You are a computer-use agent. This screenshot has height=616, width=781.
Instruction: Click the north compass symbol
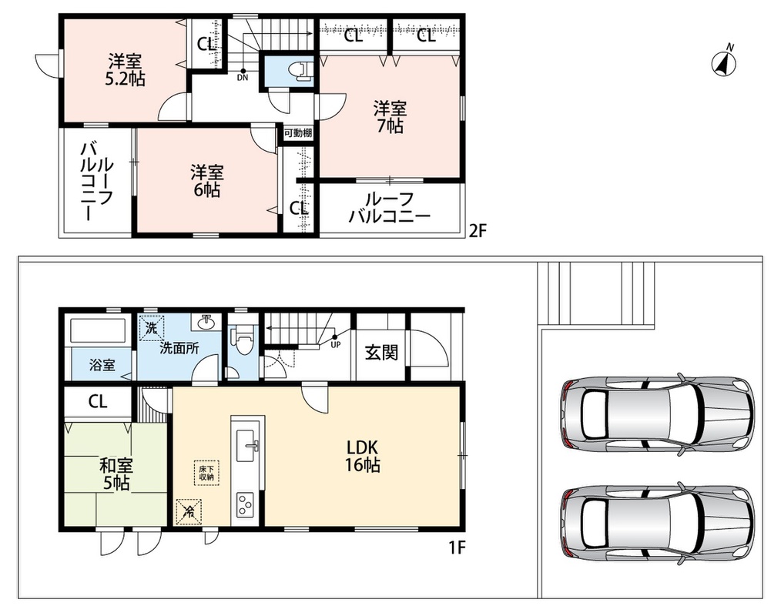pyautogui.click(x=725, y=62)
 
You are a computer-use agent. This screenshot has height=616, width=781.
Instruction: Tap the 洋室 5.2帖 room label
pyautogui.click(x=125, y=70)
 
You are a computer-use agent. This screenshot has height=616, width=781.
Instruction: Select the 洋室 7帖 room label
pyautogui.click(x=390, y=117)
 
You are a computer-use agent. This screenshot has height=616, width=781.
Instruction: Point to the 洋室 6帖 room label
pyautogui.click(x=206, y=181)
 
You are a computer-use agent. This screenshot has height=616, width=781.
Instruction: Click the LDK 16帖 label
pyautogui.click(x=363, y=456)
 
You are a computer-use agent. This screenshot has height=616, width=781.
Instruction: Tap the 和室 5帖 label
pyautogui.click(x=116, y=474)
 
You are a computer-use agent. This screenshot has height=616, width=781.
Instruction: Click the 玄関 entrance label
pyautogui.click(x=381, y=353)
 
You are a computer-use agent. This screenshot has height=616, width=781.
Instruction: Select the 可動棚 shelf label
pyautogui.click(x=298, y=133)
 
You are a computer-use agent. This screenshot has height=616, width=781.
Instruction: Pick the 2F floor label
pyautogui.click(x=477, y=231)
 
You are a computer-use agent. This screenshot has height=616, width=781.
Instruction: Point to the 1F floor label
pyautogui.click(x=457, y=548)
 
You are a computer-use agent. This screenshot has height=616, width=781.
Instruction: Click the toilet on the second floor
pyautogui.click(x=301, y=71)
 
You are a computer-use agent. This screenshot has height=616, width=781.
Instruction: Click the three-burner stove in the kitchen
pyautogui.click(x=246, y=505)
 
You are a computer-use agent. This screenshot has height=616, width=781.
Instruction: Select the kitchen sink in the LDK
pyautogui.click(x=247, y=443)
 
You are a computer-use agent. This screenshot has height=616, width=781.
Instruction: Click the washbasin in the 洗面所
pyautogui.click(x=206, y=323)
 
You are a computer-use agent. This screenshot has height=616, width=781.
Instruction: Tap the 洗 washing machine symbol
pyautogui.click(x=152, y=328)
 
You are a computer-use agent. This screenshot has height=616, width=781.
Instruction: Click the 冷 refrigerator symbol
pyautogui.click(x=189, y=511)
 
